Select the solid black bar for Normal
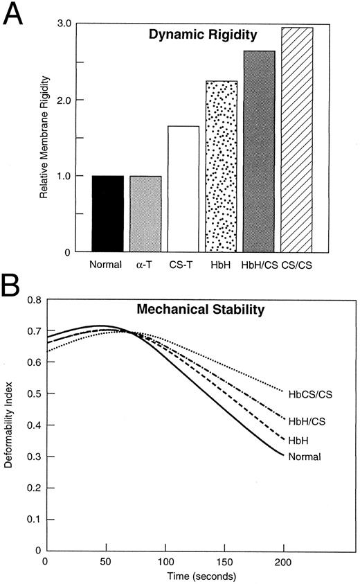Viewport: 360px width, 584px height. click(107, 213)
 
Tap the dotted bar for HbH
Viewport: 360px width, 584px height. click(221, 166)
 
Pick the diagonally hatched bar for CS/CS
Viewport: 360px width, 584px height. click(297, 139)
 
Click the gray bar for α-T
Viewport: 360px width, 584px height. click(145, 213)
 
